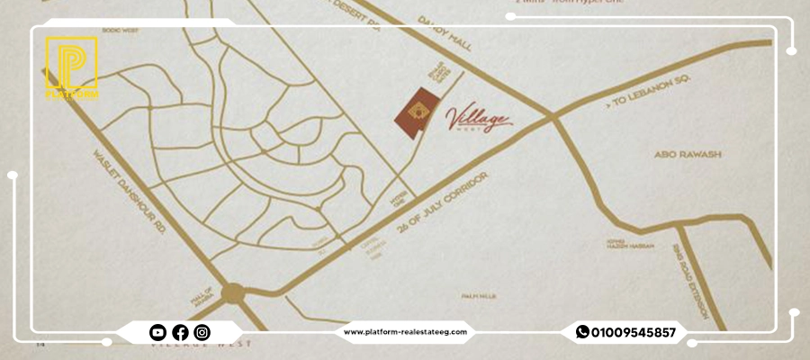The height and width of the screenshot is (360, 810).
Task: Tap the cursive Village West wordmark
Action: coord(480,119)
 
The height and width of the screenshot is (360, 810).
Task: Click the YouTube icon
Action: coord(157,332)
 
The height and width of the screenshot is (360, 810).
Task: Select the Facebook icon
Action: coord(180,332)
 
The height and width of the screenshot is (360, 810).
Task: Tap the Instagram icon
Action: coord(202,332)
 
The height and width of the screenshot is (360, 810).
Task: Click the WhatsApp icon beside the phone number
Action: coord(582,332)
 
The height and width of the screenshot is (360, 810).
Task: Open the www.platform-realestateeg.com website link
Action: coord(406,332)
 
